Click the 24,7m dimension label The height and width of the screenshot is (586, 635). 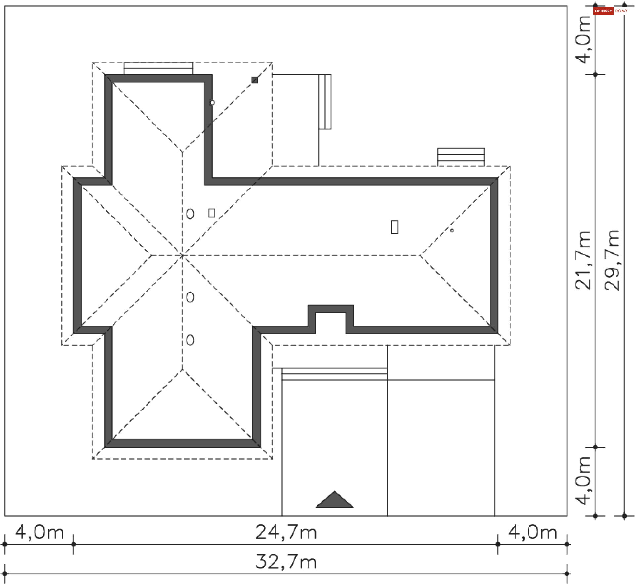click(x=286, y=532)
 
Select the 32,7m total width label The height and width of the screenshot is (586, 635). click(x=286, y=562)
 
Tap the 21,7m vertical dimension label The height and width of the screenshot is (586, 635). click(x=583, y=260)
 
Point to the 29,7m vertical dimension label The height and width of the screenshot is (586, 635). click(x=612, y=260)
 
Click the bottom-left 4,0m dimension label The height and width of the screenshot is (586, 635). click(x=39, y=532)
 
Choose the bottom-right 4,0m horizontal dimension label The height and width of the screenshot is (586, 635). click(x=532, y=532)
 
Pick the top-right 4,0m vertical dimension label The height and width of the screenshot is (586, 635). click(x=583, y=39)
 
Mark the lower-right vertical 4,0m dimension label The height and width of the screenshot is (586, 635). click(x=583, y=481)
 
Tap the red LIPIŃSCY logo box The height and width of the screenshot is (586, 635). click(x=604, y=11)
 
